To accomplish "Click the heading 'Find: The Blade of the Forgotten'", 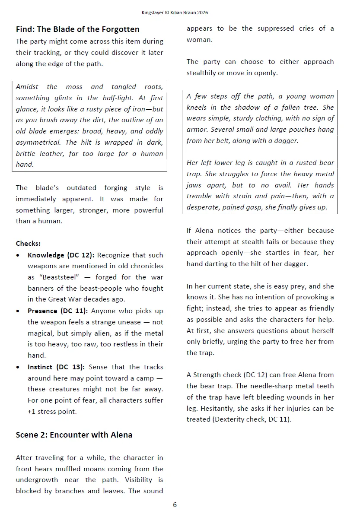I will pos(77,29).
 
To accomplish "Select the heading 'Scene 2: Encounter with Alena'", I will pos(74,435).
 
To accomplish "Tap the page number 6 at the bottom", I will pos(175,505).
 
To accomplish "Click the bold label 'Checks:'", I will pos(28,244).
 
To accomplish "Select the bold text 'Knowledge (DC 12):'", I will pos(61,255).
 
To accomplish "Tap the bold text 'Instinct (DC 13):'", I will pos(57,367).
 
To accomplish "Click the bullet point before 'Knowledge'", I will pos(18,255).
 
